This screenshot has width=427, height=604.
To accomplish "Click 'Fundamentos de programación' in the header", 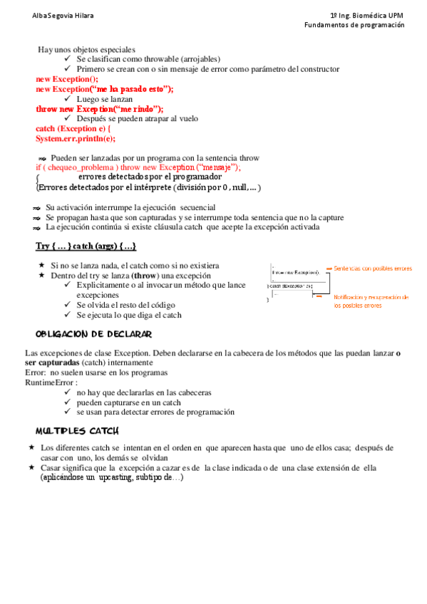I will (x=354, y=25).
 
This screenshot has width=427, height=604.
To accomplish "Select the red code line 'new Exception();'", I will (x=67, y=79).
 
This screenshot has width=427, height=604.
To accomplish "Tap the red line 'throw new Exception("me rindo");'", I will (x=100, y=109).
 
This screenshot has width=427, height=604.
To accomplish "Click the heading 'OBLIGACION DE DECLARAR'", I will (x=93, y=334).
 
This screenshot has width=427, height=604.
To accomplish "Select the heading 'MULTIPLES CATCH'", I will (x=78, y=431).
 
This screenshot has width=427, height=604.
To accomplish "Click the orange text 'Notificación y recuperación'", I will (x=371, y=297).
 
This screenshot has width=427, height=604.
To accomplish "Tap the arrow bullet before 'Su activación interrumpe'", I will (x=36, y=208).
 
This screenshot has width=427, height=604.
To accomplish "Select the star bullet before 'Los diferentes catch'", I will (x=31, y=447).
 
